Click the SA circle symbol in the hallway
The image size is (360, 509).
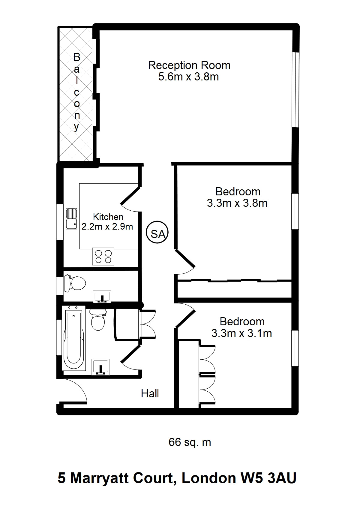pyautogui.click(x=157, y=232)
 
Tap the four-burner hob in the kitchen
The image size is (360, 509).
pyautogui.click(x=103, y=256)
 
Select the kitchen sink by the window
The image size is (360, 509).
pyautogui.click(x=71, y=218)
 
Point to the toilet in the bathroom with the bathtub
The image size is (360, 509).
pyautogui.click(x=98, y=320)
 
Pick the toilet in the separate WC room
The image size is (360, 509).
pyautogui.click(x=75, y=283)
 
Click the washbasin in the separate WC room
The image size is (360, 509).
pyautogui.click(x=102, y=297)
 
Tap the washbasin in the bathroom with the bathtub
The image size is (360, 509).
pyautogui.click(x=100, y=367)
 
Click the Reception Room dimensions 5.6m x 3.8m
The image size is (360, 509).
pyautogui.click(x=188, y=77)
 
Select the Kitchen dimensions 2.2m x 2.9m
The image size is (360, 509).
pyautogui.click(x=107, y=227)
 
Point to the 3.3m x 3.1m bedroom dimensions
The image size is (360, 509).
pyautogui.click(x=242, y=333)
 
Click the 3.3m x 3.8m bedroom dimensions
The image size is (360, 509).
pyautogui.click(x=237, y=203)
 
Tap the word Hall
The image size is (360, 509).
pyautogui.click(x=150, y=393)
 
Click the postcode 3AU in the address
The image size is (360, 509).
pyautogui.click(x=282, y=478)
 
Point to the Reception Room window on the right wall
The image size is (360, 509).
pyautogui.click(x=295, y=89)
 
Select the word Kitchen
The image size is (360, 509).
pyautogui.click(x=108, y=217)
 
